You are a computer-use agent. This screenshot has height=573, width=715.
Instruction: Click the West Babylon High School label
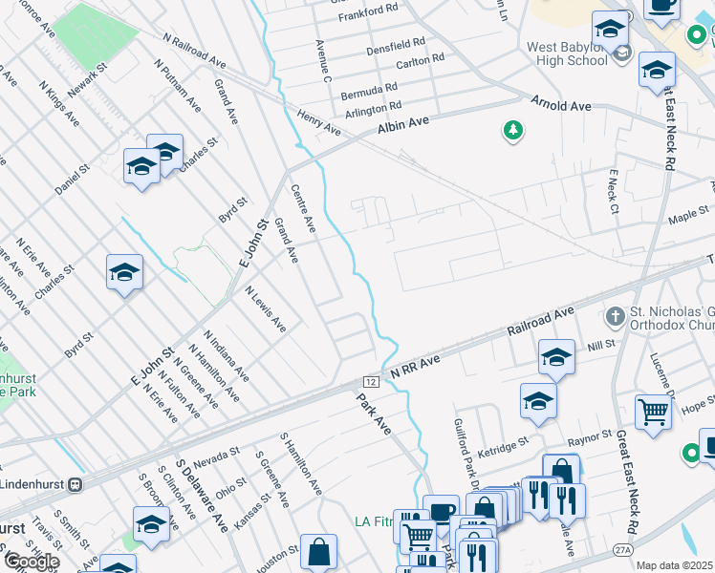567,53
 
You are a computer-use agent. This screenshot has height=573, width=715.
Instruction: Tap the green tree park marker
513,130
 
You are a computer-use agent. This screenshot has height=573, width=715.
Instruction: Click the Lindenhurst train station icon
74,483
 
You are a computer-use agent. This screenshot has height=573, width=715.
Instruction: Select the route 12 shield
372,381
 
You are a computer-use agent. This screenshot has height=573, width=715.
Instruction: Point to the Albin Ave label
403,124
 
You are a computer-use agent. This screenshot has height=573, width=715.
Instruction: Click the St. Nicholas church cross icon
617,315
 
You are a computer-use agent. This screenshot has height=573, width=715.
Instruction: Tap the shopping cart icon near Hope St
654,412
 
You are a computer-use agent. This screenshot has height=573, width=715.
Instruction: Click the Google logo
31,562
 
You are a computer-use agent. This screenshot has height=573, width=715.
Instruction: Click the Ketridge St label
504,445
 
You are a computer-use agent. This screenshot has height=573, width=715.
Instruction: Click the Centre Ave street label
303,209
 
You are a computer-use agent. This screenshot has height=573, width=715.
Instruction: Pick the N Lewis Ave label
265,308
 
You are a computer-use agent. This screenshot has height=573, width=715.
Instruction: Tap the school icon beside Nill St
556,357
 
